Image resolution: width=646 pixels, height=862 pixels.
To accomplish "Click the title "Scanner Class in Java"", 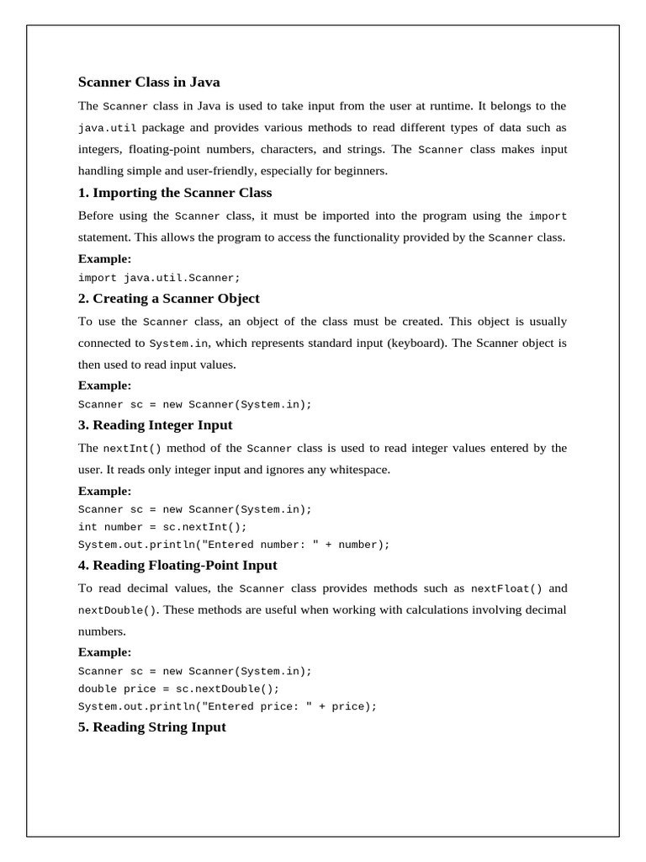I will click(x=149, y=82).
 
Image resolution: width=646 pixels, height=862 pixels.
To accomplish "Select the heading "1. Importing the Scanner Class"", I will click(x=175, y=193).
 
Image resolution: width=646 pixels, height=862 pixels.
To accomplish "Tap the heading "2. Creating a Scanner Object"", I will click(x=168, y=299).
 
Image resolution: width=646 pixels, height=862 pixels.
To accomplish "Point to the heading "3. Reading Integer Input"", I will click(x=155, y=425).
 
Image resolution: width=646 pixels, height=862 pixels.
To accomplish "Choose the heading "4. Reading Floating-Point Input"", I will click(x=177, y=566).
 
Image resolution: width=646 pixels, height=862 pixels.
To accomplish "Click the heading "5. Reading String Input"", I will click(x=151, y=727).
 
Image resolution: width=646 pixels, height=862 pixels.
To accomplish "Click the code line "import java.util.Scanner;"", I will click(x=159, y=278).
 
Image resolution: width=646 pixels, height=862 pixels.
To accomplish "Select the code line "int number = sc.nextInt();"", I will click(x=162, y=527).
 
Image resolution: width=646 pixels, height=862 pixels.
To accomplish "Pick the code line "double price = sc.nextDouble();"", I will click(x=178, y=689).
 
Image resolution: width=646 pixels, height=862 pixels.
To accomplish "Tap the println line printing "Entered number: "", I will click(x=234, y=545).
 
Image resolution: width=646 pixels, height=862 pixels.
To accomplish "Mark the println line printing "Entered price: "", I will click(x=227, y=706).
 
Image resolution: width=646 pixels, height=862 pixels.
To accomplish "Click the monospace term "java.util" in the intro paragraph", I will click(x=107, y=129).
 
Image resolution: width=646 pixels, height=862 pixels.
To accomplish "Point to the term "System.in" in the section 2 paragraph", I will click(x=178, y=343).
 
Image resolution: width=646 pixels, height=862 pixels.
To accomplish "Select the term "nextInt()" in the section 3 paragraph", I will click(x=131, y=449).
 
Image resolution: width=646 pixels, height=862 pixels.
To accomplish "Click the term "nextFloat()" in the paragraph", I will click(x=506, y=589).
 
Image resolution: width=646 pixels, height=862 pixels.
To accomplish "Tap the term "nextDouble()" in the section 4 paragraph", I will click(x=117, y=610).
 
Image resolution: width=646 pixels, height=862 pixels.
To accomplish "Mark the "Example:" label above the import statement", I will click(x=104, y=259).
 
